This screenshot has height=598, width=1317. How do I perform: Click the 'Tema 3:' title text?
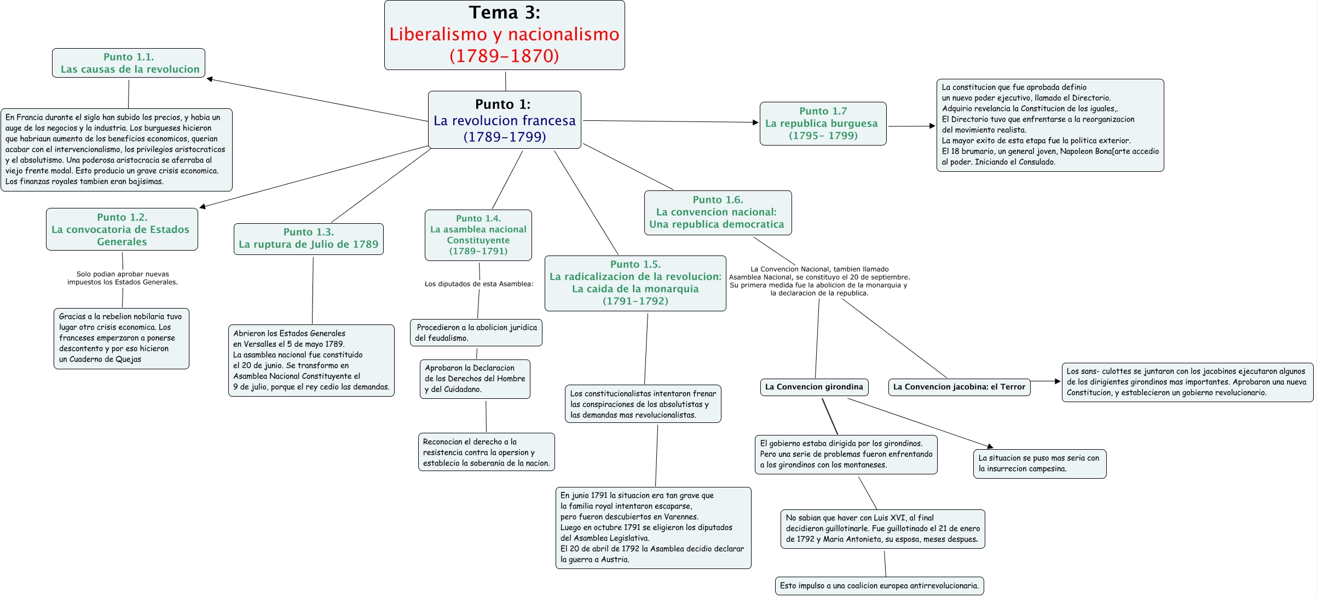pyautogui.click(x=504, y=13)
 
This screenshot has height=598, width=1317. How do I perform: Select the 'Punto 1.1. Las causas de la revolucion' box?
pyautogui.click(x=129, y=63)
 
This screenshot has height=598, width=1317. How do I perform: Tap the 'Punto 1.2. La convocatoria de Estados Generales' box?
pyautogui.click(x=122, y=229)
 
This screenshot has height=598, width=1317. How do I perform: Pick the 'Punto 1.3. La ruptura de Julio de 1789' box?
pyautogui.click(x=308, y=239)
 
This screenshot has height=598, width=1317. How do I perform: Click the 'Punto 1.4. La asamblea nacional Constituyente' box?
pyautogui.click(x=478, y=235)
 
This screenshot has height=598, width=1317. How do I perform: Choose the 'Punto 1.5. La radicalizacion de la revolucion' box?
pyautogui.click(x=635, y=283)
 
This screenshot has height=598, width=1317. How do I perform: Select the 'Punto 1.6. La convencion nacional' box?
pyautogui.click(x=717, y=212)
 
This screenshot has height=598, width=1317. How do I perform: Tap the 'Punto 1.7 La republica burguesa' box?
pyautogui.click(x=822, y=123)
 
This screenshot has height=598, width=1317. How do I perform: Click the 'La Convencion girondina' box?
pyautogui.click(x=813, y=387)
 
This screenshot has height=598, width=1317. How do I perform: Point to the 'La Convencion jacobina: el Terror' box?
pyautogui.click(x=958, y=387)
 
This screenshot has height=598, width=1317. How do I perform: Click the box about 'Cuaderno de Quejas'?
pyautogui.click(x=121, y=338)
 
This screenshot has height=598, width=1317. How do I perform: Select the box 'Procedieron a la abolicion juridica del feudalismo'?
pyautogui.click(x=476, y=333)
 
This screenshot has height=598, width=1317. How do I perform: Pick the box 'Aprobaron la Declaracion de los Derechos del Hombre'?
pyautogui.click(x=475, y=379)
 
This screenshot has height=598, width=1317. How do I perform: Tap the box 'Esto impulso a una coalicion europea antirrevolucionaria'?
pyautogui.click(x=879, y=585)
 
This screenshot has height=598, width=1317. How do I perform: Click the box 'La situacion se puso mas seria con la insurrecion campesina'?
pyautogui.click(x=1039, y=463)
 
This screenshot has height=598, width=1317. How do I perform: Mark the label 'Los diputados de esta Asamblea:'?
pyautogui.click(x=478, y=284)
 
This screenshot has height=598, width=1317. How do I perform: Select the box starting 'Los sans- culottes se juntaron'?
pyautogui.click(x=1187, y=382)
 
